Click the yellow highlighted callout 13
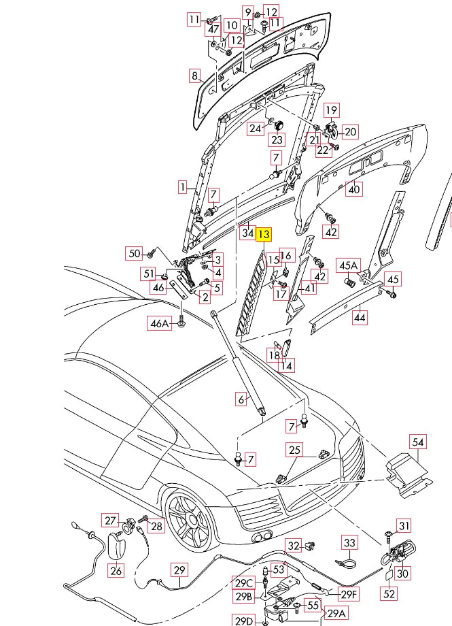264,233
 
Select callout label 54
418,442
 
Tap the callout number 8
194,76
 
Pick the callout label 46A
159,324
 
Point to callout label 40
353,190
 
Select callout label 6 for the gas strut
240,399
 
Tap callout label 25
294,450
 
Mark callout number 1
182,186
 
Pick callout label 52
389,593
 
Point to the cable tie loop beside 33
347,563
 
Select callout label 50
135,254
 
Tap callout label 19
331,110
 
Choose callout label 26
116,571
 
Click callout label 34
247,233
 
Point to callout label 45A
349,265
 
